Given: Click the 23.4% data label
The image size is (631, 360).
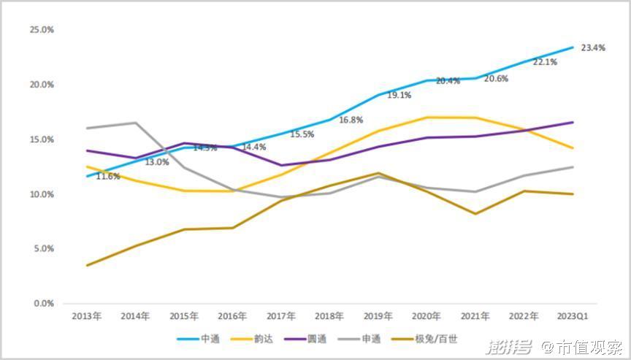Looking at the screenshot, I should point(593,48).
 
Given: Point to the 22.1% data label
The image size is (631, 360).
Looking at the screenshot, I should point(545,62).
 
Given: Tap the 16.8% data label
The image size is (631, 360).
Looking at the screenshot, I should point(351,120).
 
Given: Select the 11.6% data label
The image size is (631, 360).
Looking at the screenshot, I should point(108,177).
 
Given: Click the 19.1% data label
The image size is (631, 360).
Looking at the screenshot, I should point(399,95).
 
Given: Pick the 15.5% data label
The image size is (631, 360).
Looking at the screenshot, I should point(302,134).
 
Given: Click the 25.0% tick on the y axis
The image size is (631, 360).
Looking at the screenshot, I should point(42,30).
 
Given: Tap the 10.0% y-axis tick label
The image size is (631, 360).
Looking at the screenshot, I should point(42,194).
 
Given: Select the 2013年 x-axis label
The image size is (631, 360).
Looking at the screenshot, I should point(86,316).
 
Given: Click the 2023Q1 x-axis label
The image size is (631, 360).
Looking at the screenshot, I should point(572,316).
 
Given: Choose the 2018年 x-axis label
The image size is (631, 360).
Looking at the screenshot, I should point(329,316).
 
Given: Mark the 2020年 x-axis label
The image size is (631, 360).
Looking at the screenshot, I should point(427,316).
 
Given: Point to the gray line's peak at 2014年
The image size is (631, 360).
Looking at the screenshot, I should point(135,123).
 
